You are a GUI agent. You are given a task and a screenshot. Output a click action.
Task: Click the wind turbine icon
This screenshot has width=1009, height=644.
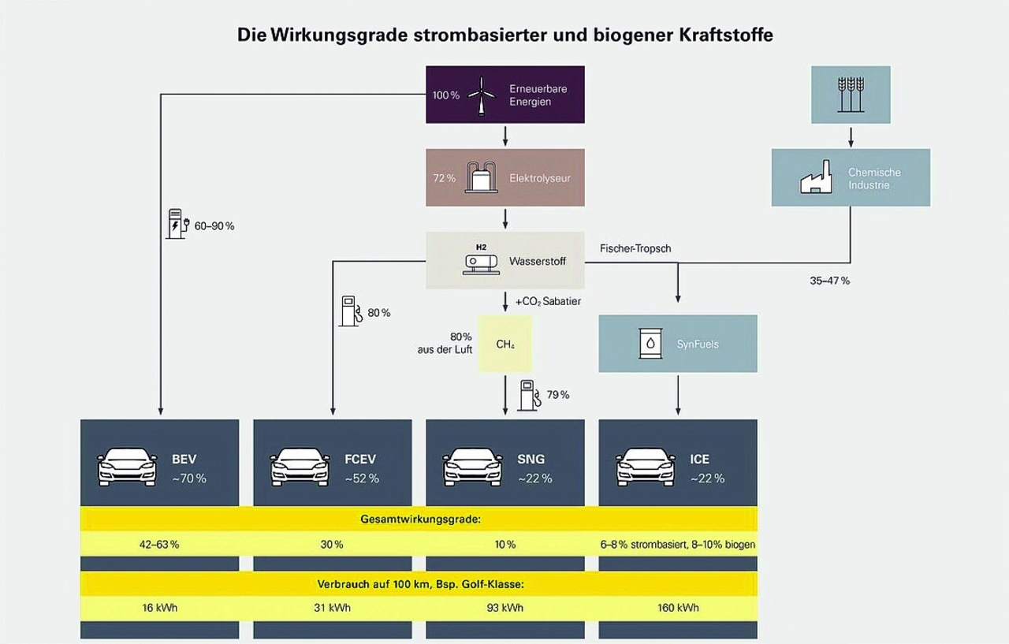pyautogui.click(x=481, y=95)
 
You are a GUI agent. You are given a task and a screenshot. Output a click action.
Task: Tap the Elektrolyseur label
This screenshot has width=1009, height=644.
pyautogui.click(x=540, y=178)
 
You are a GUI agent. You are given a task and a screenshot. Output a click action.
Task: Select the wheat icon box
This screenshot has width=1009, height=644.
pyautogui.click(x=851, y=95)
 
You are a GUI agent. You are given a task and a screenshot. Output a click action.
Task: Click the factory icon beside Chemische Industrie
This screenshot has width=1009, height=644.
pyautogui.click(x=817, y=179)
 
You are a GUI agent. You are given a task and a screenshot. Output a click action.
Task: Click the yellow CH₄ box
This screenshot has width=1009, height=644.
pyautogui.click(x=505, y=344)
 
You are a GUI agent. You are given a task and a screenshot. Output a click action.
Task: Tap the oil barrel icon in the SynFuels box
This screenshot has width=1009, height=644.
pyautogui.click(x=650, y=344)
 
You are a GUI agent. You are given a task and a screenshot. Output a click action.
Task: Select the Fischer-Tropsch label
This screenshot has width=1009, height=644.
pyautogui.click(x=635, y=248)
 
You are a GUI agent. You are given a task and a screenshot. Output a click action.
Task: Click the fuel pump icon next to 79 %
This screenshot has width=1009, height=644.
pyautogui.click(x=529, y=395)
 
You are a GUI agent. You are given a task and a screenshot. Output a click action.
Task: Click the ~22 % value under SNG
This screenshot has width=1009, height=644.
pyautogui.click(x=534, y=478)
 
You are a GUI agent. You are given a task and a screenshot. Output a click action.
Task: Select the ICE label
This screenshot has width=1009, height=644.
pyautogui.click(x=699, y=459)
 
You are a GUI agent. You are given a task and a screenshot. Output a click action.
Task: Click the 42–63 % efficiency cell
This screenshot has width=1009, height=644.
pyautogui.click(x=158, y=545)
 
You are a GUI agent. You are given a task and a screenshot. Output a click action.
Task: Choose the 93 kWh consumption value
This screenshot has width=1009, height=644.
pyautogui.click(x=505, y=608)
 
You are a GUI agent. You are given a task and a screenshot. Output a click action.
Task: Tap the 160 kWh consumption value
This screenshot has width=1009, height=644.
pyautogui.click(x=678, y=608)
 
